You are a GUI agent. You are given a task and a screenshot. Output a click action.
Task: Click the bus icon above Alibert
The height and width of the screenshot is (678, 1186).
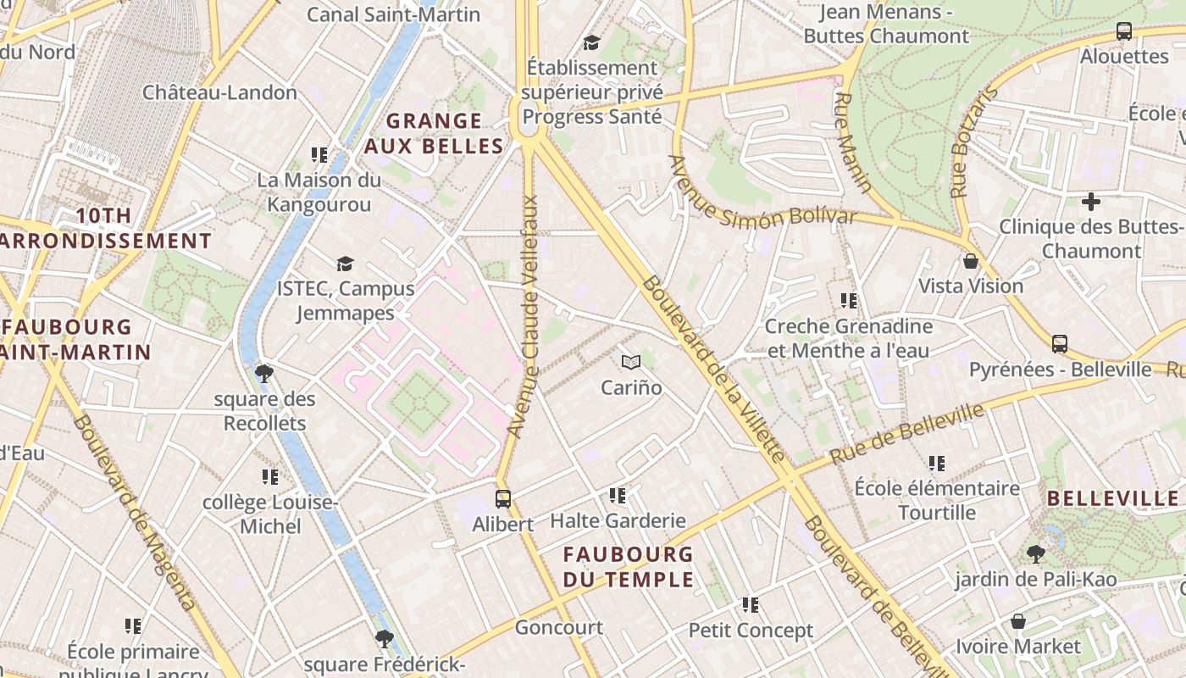503,498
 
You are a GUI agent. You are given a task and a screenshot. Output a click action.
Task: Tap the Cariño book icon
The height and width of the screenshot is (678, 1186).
630,363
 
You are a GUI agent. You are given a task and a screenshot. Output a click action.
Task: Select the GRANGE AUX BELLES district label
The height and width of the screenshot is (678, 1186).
434,133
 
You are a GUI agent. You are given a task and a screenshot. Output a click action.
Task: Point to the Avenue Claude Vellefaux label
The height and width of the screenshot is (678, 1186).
523,317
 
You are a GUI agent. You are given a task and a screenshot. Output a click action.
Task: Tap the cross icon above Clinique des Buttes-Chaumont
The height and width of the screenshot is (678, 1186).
1091,202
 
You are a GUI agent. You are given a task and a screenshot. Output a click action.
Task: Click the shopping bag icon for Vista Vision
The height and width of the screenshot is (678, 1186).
971,261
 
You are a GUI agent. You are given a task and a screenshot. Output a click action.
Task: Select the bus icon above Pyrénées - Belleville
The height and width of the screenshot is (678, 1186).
1059,344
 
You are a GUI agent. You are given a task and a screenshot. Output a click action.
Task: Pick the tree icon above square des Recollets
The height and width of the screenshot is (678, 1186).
264,373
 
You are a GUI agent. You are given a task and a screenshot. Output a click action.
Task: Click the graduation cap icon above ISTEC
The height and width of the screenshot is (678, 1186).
344,264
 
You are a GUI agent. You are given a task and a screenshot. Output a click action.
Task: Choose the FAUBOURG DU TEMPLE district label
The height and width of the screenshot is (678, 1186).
629,567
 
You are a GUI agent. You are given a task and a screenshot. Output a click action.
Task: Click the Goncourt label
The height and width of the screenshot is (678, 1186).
559,628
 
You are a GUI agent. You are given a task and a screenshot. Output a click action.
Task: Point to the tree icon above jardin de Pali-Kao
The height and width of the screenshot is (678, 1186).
1035,554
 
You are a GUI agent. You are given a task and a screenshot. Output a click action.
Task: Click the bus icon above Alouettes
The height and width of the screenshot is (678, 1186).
1124,31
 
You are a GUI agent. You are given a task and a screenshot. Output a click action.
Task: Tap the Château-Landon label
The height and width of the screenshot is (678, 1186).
219,92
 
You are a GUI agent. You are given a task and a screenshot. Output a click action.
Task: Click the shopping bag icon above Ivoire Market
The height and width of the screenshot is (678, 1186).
1018,621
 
